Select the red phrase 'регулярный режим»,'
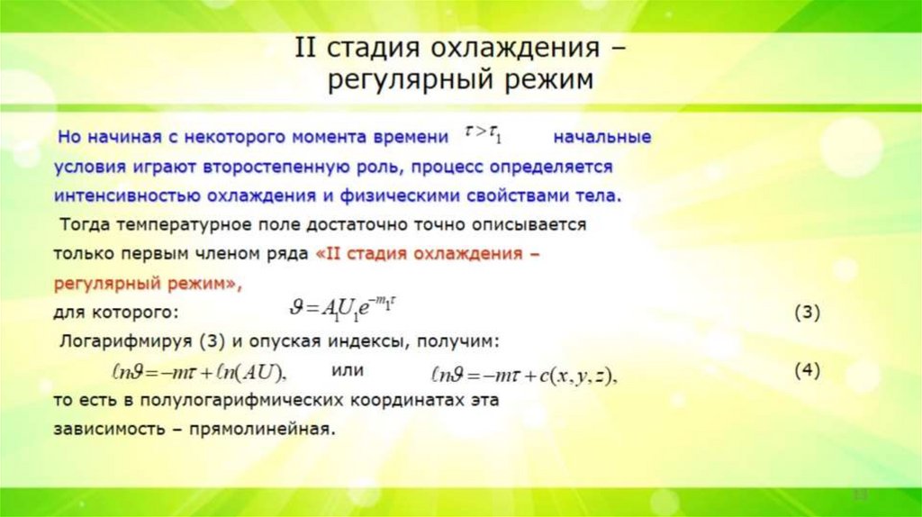tap(149, 284)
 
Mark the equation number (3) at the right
tap(807, 313)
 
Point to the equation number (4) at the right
tap(807, 370)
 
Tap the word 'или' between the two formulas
tap(347, 370)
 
